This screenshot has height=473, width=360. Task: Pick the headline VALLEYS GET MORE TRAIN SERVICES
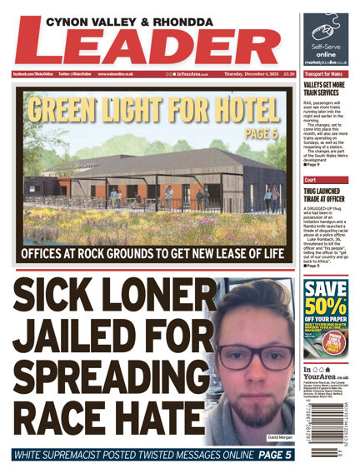pyautogui.click(x=327, y=88)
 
